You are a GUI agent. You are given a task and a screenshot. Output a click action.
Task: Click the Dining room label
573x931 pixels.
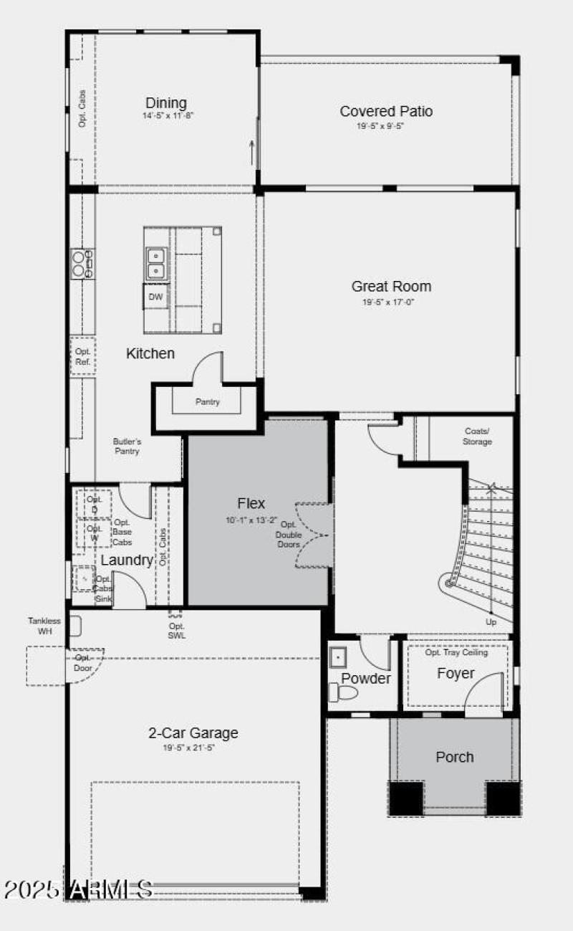click(166, 103)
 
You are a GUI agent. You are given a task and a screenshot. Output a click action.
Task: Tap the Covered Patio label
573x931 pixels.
click(386, 111)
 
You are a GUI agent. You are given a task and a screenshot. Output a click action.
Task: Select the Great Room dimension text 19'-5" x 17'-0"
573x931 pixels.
click(391, 302)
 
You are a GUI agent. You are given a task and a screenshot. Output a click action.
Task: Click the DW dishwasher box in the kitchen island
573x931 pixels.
click(155, 297)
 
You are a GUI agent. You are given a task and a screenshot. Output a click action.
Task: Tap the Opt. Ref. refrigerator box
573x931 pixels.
click(83, 356)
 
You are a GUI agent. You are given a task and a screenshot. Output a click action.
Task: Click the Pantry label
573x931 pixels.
click(208, 402)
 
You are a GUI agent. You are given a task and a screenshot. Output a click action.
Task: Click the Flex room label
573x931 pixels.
click(251, 503)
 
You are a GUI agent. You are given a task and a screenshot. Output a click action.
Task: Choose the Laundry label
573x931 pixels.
click(127, 560)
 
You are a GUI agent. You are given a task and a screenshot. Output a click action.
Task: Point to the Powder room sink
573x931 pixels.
click(338, 656)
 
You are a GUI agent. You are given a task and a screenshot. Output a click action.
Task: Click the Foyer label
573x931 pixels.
click(456, 674)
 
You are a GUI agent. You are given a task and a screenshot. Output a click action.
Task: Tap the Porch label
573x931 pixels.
click(455, 757)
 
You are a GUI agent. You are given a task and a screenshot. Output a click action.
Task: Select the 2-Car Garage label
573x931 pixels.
click(193, 733)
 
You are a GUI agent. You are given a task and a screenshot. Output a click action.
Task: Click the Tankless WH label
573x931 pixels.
click(44, 626)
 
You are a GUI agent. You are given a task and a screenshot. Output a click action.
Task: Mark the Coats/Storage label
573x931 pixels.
click(477, 436)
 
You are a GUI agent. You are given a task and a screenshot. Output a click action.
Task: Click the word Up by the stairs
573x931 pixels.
click(491, 622)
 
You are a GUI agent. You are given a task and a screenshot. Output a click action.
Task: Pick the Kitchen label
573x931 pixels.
click(150, 353)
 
